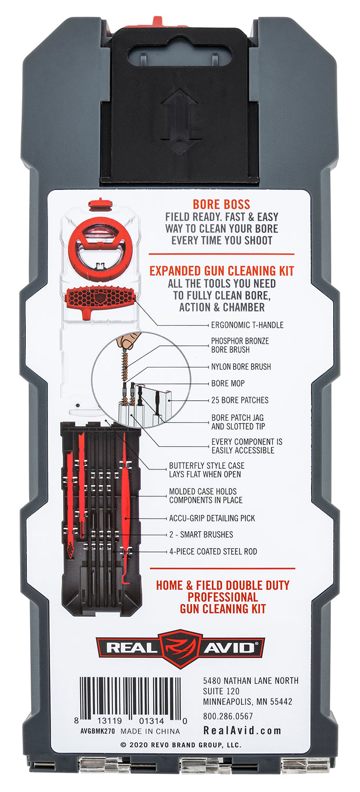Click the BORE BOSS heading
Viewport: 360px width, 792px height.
coord(221,204)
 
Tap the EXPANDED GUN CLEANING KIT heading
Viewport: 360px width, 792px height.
coord(222,271)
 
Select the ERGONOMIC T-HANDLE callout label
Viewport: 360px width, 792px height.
coord(247,325)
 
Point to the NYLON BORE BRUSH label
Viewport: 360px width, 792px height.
coord(241,366)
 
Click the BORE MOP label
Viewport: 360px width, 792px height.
coord(228,383)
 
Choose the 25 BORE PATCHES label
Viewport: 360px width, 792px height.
coord(240,400)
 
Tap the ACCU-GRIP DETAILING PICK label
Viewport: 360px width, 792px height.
coord(212,518)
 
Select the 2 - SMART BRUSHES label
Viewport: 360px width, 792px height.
coord(201,534)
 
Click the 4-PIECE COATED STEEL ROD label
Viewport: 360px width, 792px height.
coord(213,551)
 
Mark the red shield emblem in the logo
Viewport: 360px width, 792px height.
coord(180,648)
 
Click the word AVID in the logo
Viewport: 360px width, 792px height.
coord(229,648)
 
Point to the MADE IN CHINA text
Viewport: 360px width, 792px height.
coord(150,731)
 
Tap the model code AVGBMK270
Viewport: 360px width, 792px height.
coord(98,731)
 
